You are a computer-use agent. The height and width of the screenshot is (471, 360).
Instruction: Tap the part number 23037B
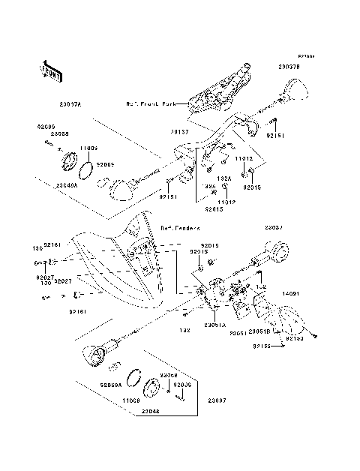pyautogui.click(x=289, y=67)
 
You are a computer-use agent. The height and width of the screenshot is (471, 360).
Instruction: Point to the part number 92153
pyautogui.click(x=295, y=338)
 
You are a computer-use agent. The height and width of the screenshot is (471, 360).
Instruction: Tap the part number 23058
pyautogui.click(x=61, y=133)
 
